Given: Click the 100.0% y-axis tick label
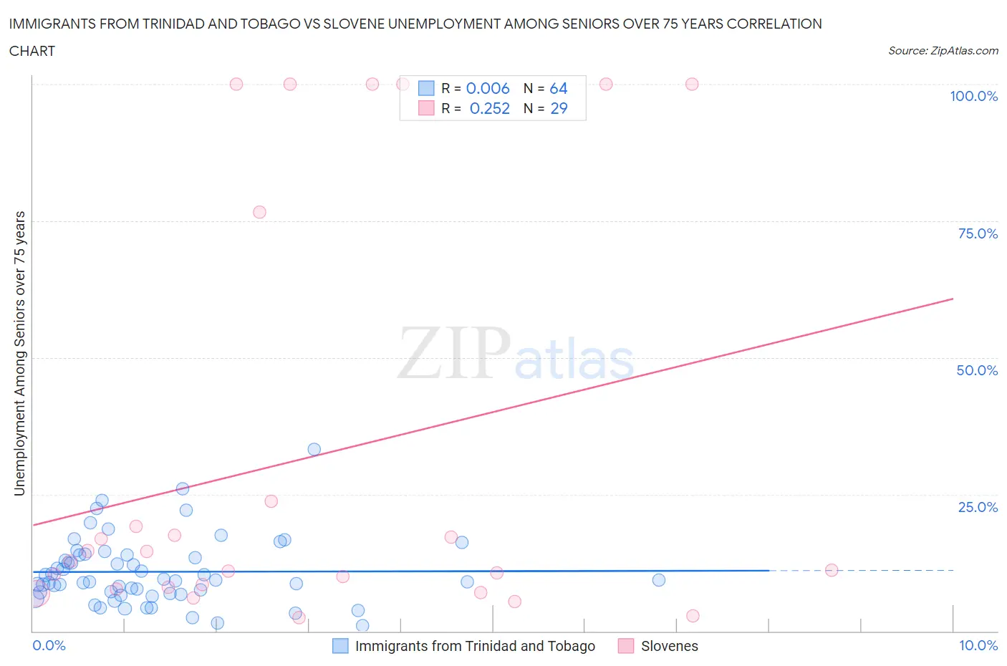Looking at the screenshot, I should click(973, 96).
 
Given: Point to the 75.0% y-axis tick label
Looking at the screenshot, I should click(978, 233).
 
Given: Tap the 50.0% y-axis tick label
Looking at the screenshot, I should click(977, 370).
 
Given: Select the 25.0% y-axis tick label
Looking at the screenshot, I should click(978, 507).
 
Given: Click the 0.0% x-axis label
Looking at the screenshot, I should click(49, 645).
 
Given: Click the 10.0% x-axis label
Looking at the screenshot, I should click(978, 645).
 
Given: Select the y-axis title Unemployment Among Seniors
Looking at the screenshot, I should click(19, 353).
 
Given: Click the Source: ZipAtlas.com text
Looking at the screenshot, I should click(943, 51).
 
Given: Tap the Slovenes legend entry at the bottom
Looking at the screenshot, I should click(669, 646).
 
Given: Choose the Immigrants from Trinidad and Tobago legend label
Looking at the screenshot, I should click(475, 646).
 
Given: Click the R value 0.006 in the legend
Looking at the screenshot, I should click(488, 88).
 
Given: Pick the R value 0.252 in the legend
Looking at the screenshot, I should click(490, 108).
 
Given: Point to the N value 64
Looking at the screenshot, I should click(559, 88).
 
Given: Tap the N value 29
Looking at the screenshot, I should click(559, 108).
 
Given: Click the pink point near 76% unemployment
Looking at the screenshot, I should click(259, 212).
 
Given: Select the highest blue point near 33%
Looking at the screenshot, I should click(314, 450).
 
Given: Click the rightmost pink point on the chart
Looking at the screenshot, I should click(832, 570).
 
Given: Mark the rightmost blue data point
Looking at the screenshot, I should click(659, 580).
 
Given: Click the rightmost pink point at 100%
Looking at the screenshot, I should click(692, 84).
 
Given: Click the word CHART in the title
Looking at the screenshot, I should click(32, 51).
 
